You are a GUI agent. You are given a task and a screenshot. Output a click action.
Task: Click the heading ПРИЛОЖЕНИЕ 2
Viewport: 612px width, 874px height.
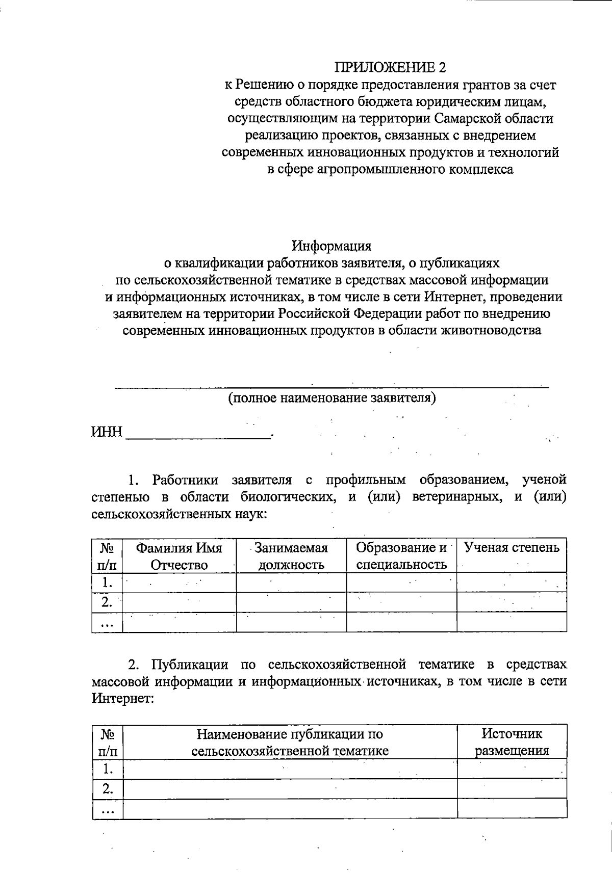tap(390, 67)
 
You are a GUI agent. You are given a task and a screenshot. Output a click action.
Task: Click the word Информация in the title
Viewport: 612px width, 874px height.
tap(331, 246)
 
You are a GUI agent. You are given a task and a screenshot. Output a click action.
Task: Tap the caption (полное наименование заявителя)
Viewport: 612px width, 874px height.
tap(331, 398)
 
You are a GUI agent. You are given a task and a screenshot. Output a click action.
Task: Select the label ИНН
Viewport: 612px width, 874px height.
tap(107, 433)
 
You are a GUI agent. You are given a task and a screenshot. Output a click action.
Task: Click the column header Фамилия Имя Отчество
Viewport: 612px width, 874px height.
tap(179, 556)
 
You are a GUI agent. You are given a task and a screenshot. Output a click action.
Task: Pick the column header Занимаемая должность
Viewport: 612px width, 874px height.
tap(291, 556)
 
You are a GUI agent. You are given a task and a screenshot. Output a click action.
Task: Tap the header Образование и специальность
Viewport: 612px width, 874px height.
tap(401, 556)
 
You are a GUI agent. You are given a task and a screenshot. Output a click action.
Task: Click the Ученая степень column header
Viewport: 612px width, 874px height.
tap(512, 548)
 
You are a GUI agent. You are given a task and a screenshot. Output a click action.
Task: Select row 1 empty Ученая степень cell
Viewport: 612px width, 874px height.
tap(512, 582)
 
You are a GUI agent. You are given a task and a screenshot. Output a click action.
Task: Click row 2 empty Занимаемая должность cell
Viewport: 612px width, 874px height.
tap(291, 602)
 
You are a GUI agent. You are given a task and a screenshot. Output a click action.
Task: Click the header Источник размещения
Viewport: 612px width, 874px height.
tap(512, 742)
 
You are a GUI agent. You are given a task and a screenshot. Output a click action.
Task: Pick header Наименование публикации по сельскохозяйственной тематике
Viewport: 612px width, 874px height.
tap(290, 742)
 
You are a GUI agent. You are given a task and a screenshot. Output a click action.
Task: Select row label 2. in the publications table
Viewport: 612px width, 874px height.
tap(107, 789)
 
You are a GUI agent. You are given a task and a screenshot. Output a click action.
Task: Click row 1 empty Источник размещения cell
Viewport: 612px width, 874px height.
tap(512, 769)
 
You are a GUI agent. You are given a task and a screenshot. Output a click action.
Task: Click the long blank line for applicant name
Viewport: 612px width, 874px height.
tap(331, 386)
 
